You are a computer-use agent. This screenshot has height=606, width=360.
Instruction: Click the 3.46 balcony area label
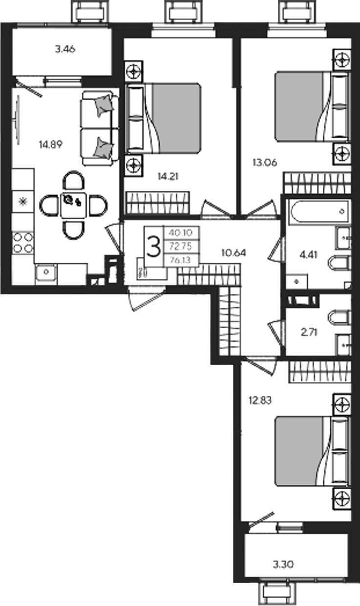coord(65,49)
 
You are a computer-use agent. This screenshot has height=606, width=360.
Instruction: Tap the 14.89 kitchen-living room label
coord(51,145)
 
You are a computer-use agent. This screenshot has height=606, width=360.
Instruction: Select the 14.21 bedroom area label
coord(168,177)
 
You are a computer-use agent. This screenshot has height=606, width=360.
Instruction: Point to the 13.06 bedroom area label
coord(265,163)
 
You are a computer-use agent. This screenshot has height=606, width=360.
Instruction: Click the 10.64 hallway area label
coord(233,253)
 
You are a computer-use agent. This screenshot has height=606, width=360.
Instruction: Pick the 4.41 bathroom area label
coord(309,255)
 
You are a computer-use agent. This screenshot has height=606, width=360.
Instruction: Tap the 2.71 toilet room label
coord(309,332)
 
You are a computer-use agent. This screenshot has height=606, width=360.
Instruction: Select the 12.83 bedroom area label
coord(260,400)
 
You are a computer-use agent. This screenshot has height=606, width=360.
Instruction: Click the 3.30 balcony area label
coord(283,564)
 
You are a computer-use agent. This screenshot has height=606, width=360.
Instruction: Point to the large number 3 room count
coord(154,247)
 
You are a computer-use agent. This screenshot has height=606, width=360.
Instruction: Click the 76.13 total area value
coord(180,260)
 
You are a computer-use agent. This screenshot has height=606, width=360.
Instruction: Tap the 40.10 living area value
coord(180,232)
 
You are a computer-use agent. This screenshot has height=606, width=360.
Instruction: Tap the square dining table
coord(73,205)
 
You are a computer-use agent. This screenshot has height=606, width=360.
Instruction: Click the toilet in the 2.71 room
coord(339,317)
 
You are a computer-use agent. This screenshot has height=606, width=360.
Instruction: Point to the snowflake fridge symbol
coord(23,202)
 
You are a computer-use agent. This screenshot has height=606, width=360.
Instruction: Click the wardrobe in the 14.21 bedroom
coord(158,203)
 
